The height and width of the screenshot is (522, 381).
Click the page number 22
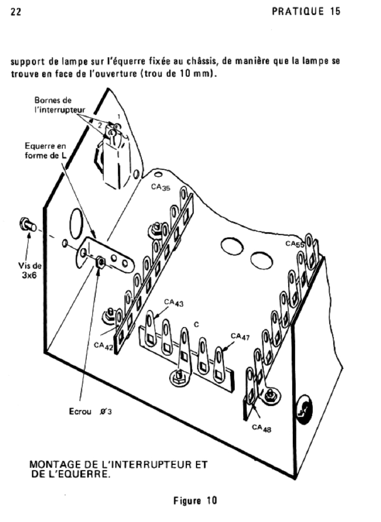click(15, 12)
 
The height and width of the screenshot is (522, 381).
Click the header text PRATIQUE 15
click(306, 11)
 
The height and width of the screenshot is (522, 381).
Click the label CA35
click(160, 187)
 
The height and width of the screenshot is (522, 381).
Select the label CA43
click(174, 303)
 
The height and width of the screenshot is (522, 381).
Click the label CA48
click(261, 429)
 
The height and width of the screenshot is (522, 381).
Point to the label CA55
click(295, 245)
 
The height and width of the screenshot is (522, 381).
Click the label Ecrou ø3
click(90, 411)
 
